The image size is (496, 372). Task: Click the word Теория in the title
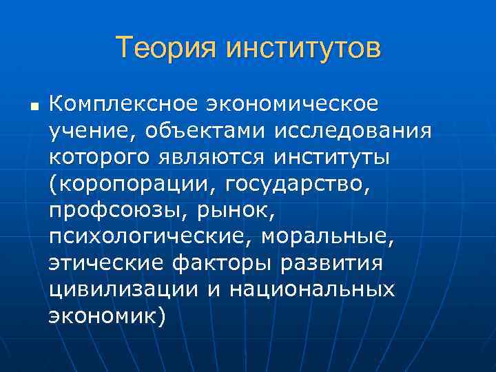pos(164,49)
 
